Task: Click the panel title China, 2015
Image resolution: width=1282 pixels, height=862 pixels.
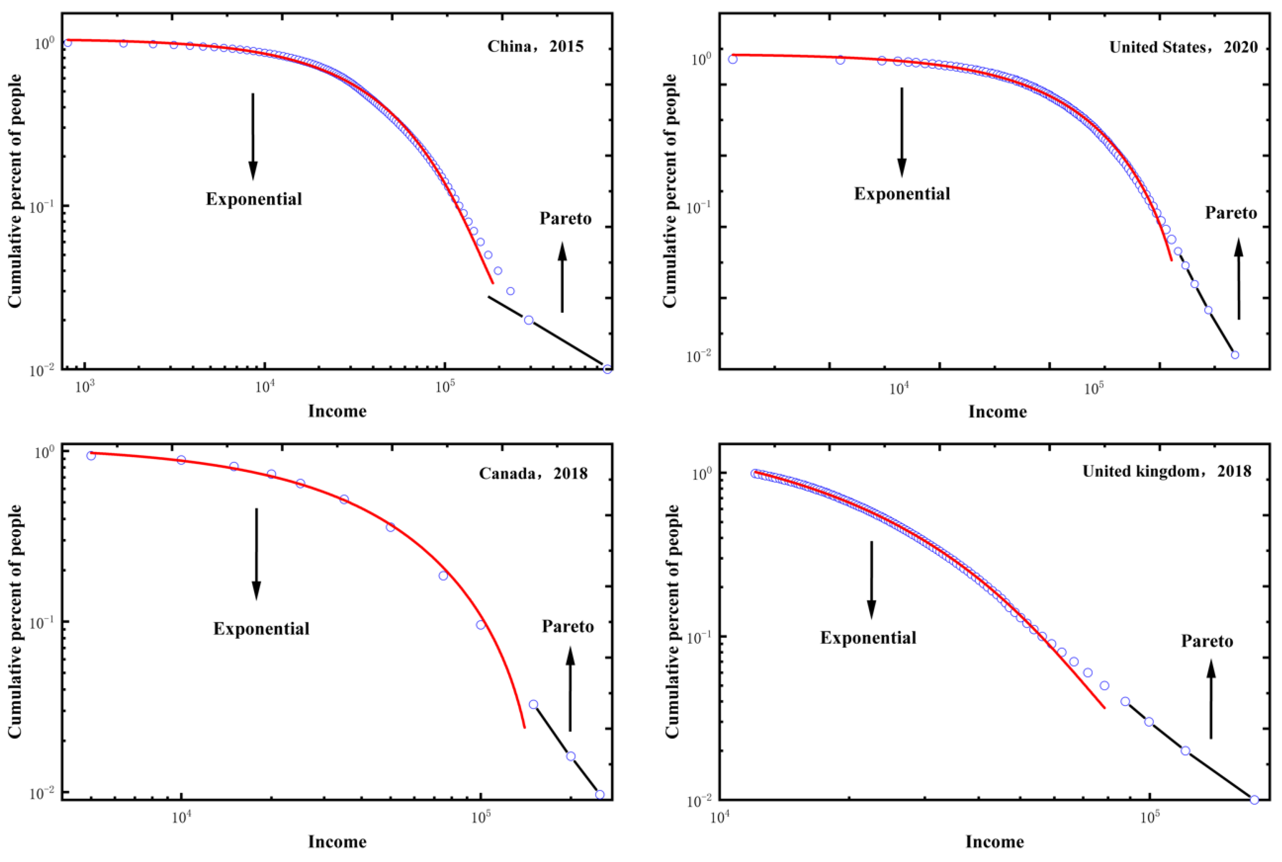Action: coord(535,46)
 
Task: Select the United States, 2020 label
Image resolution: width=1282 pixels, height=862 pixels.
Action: coord(1183,47)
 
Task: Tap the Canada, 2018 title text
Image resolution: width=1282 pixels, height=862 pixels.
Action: coord(533,473)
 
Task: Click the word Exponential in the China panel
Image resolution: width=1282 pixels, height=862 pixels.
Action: coord(254,199)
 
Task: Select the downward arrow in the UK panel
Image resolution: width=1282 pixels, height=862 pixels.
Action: coord(871,580)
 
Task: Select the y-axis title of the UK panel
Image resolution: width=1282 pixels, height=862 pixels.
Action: coord(672,621)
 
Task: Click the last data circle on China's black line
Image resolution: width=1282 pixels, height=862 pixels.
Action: coord(607,369)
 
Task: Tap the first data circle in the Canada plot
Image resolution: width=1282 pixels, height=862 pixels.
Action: coord(91,455)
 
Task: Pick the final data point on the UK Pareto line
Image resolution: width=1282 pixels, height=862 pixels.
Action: coord(1254,799)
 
